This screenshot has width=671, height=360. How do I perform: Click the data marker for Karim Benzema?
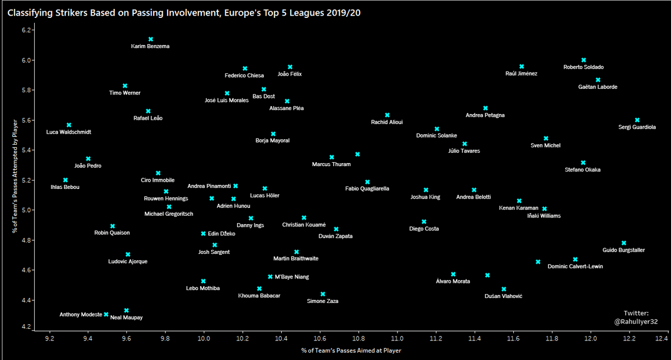tap(150, 39)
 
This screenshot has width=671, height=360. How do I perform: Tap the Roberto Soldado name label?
tap(583, 67)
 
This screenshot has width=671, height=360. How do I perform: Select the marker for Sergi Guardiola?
tap(637, 120)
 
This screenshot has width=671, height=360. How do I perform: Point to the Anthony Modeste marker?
tap(106, 314)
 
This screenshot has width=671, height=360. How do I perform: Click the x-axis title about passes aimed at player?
tap(350, 350)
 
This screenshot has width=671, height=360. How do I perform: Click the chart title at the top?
tap(184, 12)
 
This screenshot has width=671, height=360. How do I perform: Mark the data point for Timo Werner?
tap(125, 86)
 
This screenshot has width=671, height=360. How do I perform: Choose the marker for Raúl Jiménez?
tap(521, 67)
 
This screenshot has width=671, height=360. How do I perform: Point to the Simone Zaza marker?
tap(323, 293)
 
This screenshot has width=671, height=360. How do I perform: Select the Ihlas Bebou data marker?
tap(65, 180)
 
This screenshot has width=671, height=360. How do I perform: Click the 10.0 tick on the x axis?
tap(204, 338)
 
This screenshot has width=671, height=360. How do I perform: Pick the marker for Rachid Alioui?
tap(387, 115)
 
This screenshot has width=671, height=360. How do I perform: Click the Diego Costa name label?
tap(424, 229)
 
